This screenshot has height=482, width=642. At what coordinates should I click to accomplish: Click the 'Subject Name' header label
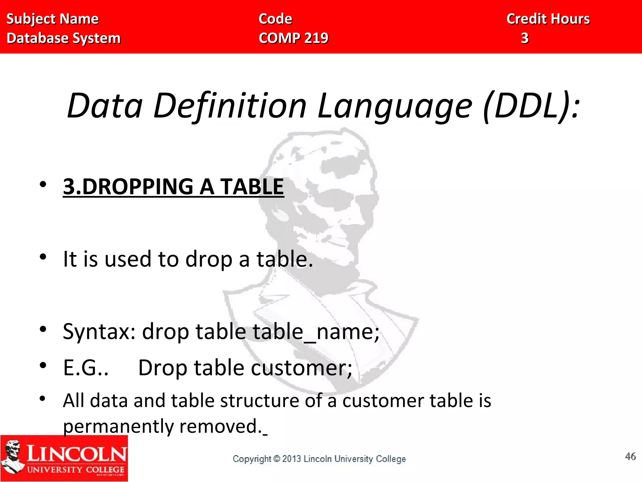point(52,19)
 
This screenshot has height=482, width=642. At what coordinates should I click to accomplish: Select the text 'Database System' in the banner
point(63,38)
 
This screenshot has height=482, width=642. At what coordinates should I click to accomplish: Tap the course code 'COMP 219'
point(293,38)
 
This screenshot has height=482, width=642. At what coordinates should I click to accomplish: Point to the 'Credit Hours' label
point(548,19)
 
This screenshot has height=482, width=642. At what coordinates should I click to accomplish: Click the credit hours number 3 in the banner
point(525,38)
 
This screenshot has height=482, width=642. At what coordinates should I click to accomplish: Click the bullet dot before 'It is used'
point(43,257)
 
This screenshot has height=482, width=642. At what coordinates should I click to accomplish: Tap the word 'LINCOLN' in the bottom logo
point(76,454)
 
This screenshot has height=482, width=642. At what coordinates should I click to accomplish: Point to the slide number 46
point(630,456)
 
